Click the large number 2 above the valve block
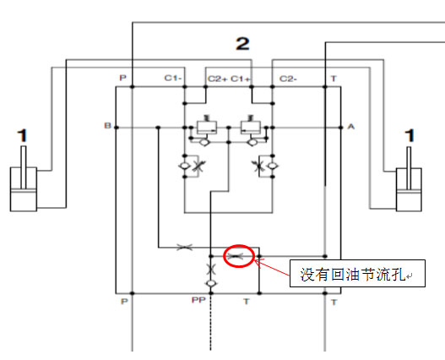point(242,44)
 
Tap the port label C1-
point(173,78)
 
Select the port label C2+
point(218,79)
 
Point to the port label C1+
point(241,79)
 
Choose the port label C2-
point(288,79)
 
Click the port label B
point(107,125)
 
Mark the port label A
point(351,126)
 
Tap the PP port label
point(198,300)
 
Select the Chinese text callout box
point(357,273)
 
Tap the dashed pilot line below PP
point(210,323)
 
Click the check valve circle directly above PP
point(210,283)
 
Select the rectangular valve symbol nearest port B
point(207,128)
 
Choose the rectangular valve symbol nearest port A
point(250,128)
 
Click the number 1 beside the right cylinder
point(410,136)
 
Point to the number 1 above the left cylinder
point(23,135)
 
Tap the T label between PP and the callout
point(247,301)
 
